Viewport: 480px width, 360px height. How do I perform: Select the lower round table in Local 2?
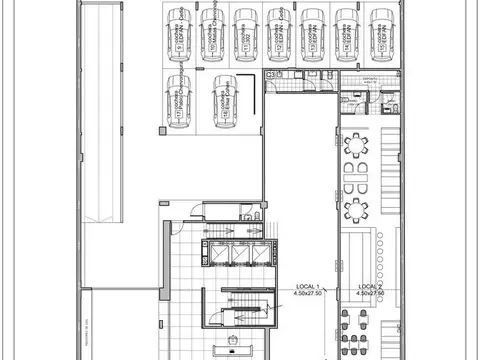pyautogui.click(x=356, y=209)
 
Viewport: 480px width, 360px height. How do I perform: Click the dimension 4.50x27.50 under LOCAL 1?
pyautogui.click(x=305, y=295)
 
